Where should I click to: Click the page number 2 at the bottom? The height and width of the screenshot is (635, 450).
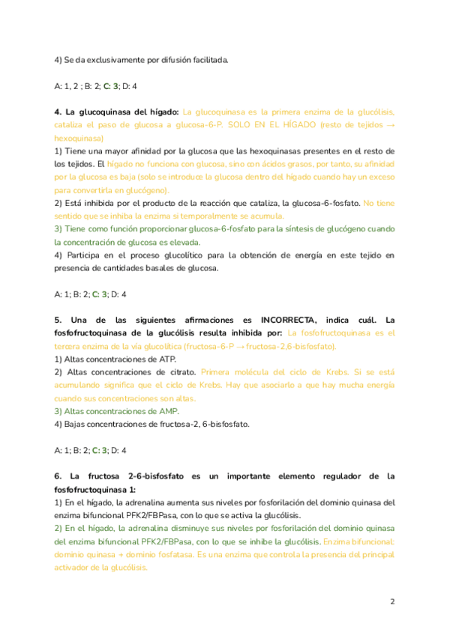[x=392, y=601]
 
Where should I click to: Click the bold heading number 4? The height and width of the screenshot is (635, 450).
[x=57, y=112]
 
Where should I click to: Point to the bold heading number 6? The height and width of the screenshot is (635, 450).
[x=57, y=476]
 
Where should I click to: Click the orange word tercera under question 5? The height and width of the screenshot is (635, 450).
[x=71, y=347]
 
